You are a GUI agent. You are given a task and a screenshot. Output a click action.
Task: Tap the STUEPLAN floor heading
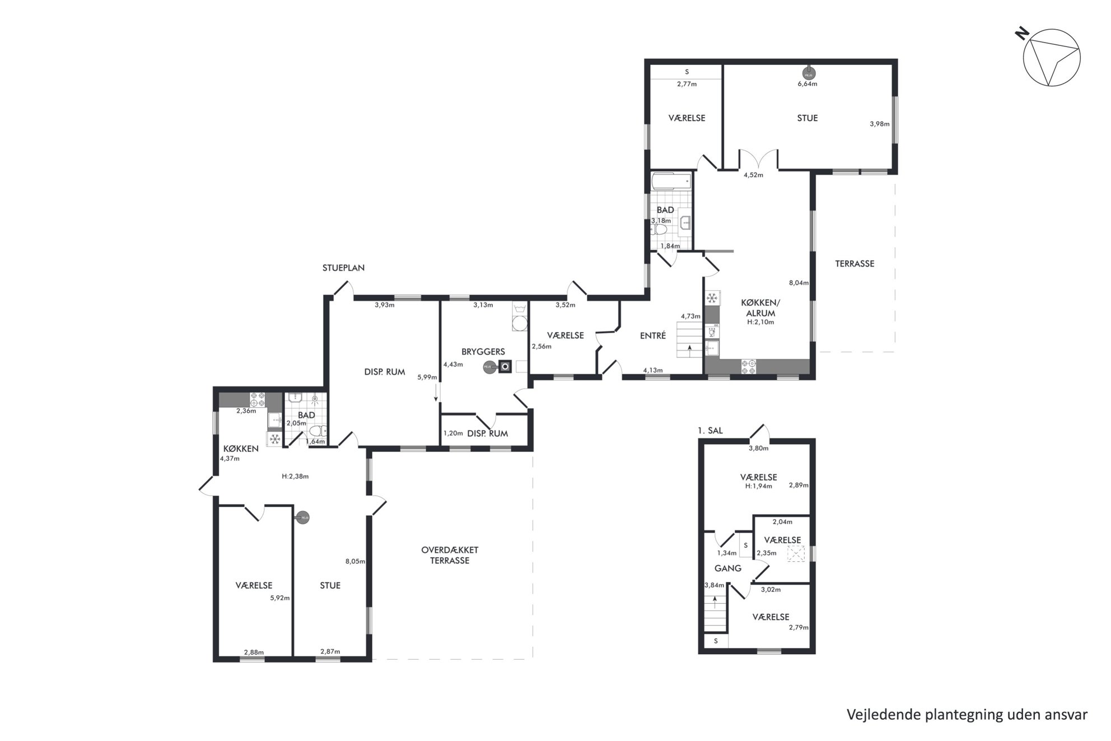pyautogui.click(x=343, y=268)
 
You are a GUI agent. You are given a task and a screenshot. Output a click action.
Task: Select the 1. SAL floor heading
pyautogui.click(x=710, y=431)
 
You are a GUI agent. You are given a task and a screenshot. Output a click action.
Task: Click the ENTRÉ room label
pyautogui.click(x=653, y=335)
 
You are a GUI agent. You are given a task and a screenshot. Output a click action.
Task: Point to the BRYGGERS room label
pyautogui.click(x=483, y=352)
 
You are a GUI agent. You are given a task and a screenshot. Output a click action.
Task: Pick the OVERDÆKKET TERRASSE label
pyautogui.click(x=450, y=555)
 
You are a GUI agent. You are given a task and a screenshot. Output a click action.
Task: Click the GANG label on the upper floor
pyautogui.click(x=728, y=568)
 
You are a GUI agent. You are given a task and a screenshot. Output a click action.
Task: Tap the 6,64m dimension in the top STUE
pyautogui.click(x=807, y=84)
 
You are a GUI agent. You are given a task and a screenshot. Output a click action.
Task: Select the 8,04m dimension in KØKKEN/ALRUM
pyautogui.click(x=799, y=283)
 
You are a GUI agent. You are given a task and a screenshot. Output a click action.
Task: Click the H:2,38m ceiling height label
pyautogui.click(x=295, y=477)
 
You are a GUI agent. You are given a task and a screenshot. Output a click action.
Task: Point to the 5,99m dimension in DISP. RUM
pyautogui.click(x=427, y=378)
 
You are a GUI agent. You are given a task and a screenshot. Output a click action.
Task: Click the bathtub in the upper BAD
pyautogui.click(x=671, y=181)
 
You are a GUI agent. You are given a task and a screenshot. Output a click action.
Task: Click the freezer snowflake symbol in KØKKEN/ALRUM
pyautogui.click(x=712, y=297)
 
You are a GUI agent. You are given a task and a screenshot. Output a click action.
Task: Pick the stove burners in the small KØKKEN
pyautogui.click(x=257, y=399)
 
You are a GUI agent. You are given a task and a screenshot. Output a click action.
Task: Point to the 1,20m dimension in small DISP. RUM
pyautogui.click(x=454, y=433)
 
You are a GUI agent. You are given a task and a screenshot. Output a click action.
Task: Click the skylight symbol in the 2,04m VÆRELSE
pyautogui.click(x=795, y=554)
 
